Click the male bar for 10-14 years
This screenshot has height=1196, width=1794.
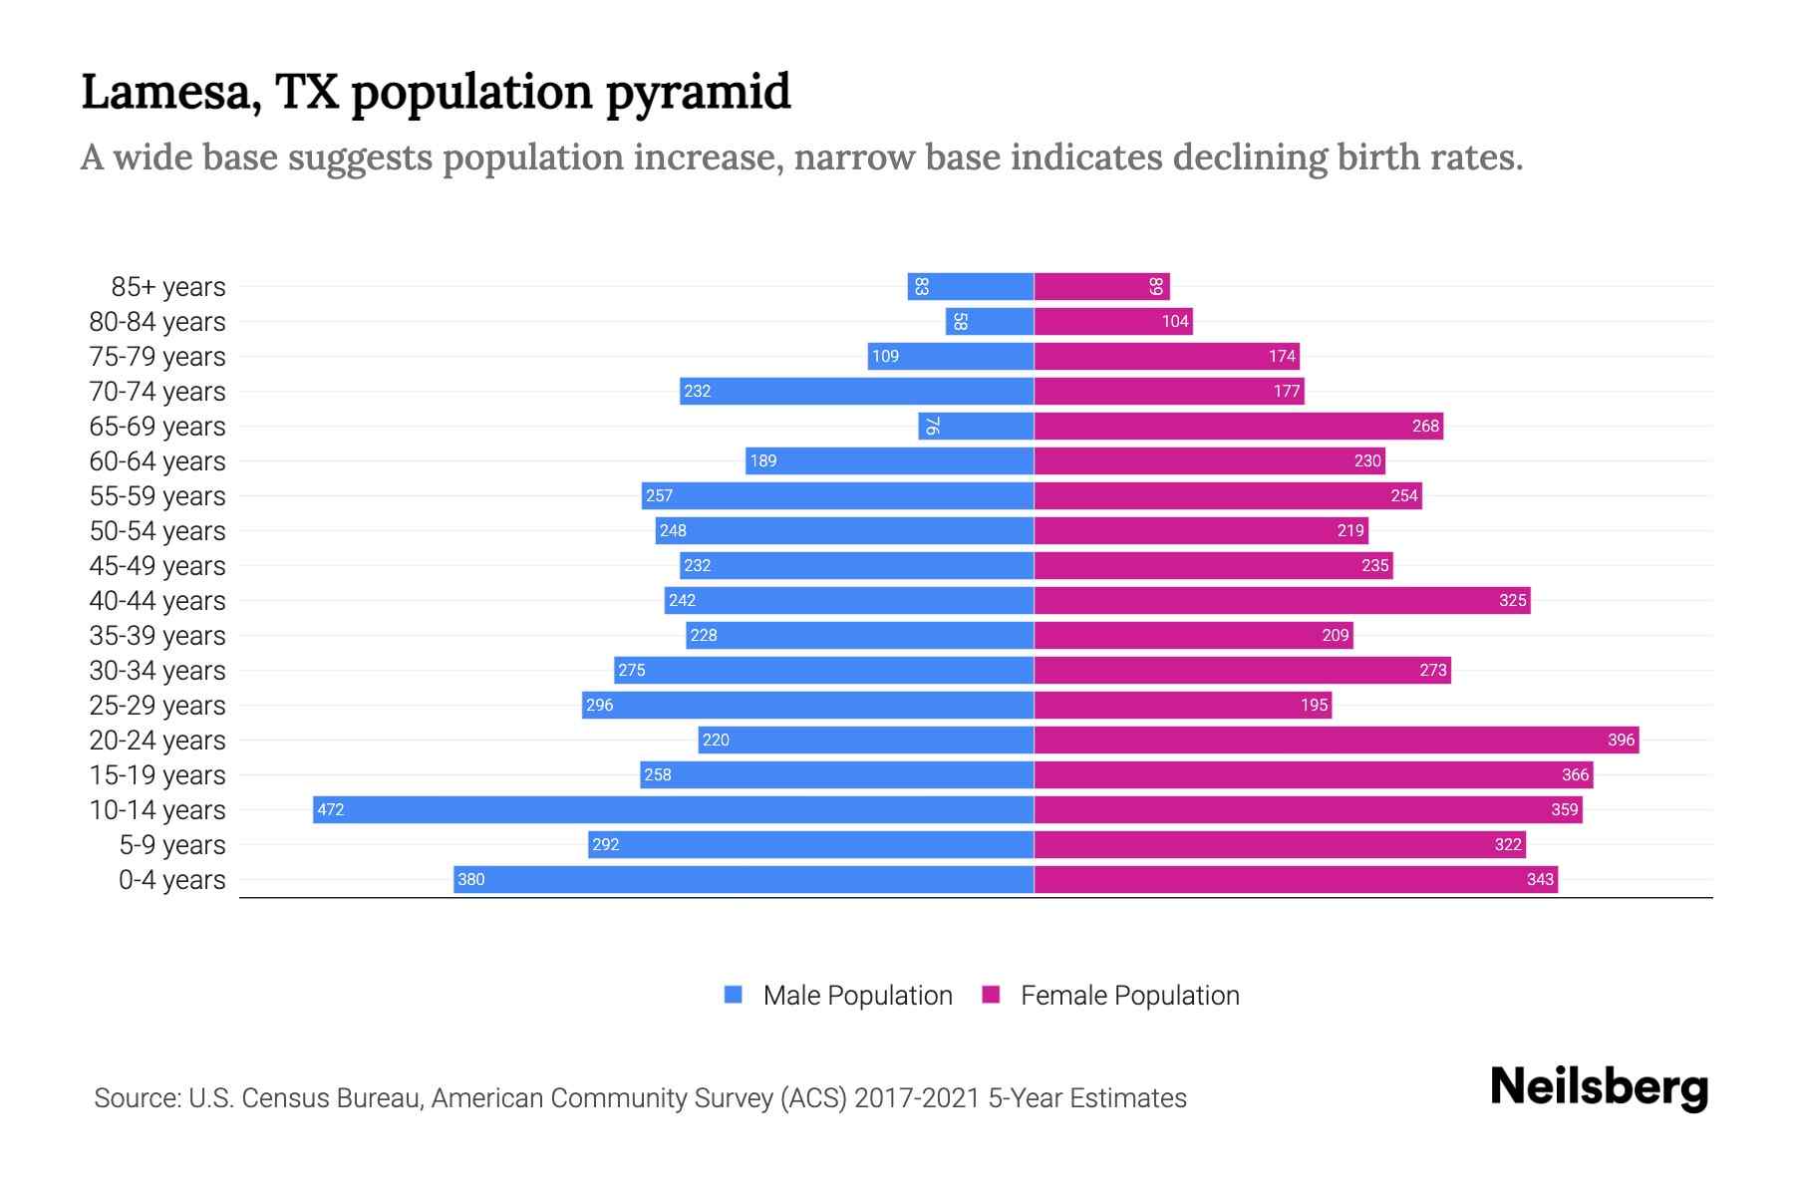(x=673, y=809)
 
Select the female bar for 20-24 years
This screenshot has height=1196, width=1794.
(x=1336, y=740)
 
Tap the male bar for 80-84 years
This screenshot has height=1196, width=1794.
(x=990, y=321)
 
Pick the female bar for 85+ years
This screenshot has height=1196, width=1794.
(x=1101, y=286)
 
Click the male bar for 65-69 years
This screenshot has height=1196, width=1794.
(x=976, y=426)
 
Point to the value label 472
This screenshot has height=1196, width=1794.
(x=330, y=809)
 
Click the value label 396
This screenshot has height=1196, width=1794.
(x=1621, y=740)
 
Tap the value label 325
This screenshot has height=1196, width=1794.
(x=1512, y=600)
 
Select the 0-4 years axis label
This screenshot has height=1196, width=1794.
(x=171, y=880)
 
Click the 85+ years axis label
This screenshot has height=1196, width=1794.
(x=167, y=287)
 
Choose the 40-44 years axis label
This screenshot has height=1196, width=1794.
(x=157, y=601)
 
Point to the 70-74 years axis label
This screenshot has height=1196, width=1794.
(x=157, y=392)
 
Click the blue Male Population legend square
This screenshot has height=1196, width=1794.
(x=734, y=995)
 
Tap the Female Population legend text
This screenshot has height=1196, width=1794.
(x=1129, y=996)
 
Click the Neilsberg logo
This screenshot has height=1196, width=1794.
(x=1599, y=1087)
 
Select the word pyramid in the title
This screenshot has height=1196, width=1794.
(x=698, y=93)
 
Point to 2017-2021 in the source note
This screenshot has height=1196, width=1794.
(x=917, y=1098)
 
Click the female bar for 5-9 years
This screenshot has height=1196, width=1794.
(x=1280, y=844)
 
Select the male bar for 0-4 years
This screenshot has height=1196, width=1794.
(x=744, y=879)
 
